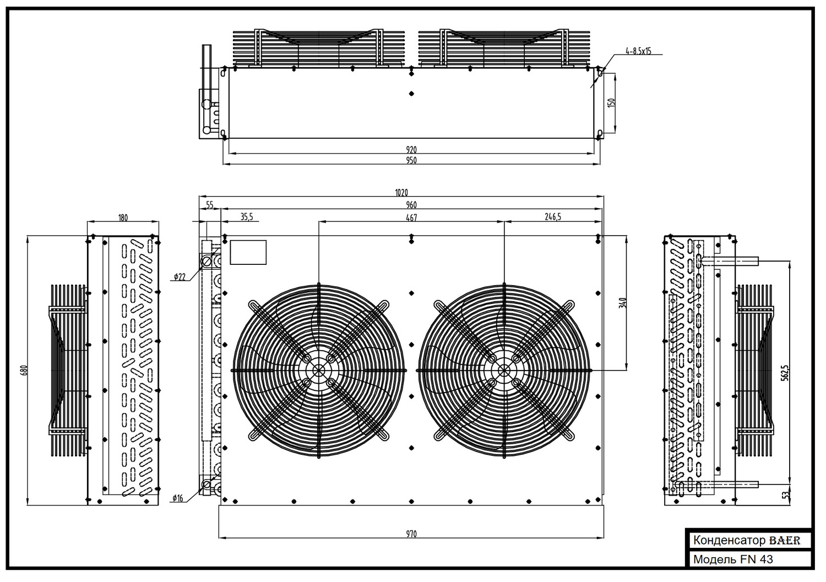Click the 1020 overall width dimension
tap(401, 193)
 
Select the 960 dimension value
tap(411, 205)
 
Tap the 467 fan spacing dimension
tap(411, 217)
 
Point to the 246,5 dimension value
tap(553, 217)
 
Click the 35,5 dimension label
tap(247, 217)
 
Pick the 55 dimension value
tap(209, 205)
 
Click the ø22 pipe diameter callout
tap(180, 276)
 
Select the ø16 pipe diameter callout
tap(178, 498)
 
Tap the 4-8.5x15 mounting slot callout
tap(638, 51)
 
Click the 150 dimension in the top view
tap(611, 102)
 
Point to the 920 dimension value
tap(411, 150)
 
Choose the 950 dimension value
tap(411, 160)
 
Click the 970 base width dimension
tap(411, 534)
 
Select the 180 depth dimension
tap(123, 217)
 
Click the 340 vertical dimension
tap(623, 303)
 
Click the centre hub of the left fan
tap(319, 371)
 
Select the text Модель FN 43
tap(733, 559)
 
